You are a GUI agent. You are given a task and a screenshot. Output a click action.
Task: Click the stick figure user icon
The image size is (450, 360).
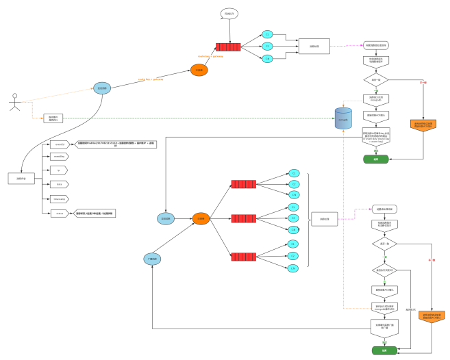tap(15, 102)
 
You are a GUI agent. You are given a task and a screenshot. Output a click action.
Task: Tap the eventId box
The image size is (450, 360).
tap(60, 144)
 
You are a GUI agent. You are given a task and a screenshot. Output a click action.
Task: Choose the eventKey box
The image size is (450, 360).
tap(60, 156)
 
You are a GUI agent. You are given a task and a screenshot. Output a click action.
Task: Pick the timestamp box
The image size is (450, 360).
tap(60, 198)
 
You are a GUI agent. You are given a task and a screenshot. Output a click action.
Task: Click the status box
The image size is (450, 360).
tap(60, 214)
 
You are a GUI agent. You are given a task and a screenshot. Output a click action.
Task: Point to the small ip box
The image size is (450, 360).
tap(60, 170)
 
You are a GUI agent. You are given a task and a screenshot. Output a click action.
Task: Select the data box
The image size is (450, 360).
tap(60, 184)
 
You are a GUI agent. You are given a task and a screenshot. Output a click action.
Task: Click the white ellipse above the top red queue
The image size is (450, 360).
tap(229, 14)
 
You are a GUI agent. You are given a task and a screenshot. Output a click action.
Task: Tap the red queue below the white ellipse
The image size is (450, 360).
tap(228, 47)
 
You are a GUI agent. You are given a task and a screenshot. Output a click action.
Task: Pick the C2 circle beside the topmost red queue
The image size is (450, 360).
tap(267, 47)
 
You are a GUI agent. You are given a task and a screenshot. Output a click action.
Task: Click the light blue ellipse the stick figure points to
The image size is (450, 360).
tap(102, 88)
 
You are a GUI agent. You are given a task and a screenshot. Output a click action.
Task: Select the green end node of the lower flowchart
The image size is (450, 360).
tap(384, 350)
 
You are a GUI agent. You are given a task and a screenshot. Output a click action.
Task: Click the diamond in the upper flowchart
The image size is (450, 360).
tap(375, 79)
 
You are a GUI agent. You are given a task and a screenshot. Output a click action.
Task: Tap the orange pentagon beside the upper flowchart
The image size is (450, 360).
tap(423, 125)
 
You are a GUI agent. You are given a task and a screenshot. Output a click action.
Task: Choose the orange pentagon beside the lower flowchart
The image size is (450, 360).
tap(432, 316)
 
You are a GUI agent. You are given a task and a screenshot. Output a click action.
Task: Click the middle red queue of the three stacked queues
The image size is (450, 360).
tap(243, 218)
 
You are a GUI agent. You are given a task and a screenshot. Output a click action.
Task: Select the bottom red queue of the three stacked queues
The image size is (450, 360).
tap(243, 257)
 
